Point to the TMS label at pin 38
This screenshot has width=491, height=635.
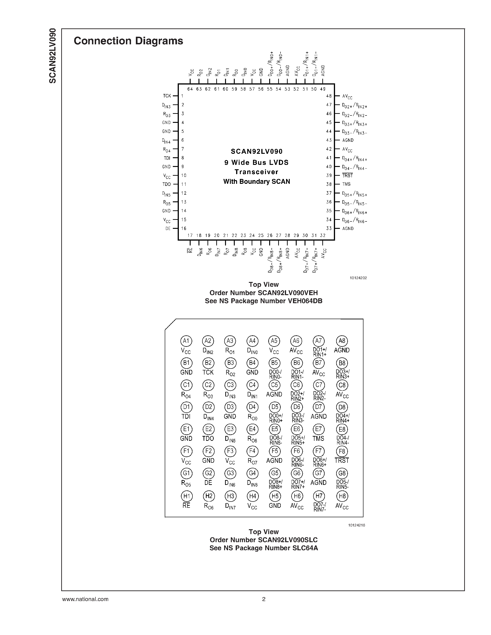coord(346,184)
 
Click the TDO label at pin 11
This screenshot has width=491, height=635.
coord(167,184)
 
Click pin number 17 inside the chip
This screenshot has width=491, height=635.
coord(190,236)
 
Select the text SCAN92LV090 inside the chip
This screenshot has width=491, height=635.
coord(256,151)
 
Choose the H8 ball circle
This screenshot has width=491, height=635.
coord(342,496)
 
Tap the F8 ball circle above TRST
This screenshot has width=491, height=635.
coord(342,451)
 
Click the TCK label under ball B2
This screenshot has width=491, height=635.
coord(208,372)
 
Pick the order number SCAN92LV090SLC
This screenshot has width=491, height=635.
coord(287,540)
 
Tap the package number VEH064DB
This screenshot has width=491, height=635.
coord(305,301)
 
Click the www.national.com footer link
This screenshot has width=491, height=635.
coord(85,599)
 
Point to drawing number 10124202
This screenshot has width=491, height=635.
coord(358,278)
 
